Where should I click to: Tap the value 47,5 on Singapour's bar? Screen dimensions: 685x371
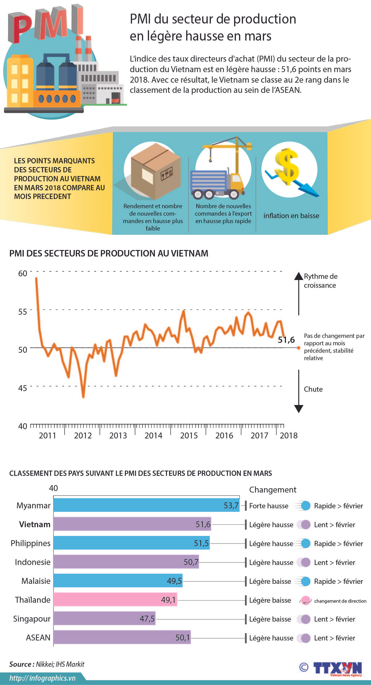click(x=147, y=618)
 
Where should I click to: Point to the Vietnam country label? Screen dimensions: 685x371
click(x=35, y=524)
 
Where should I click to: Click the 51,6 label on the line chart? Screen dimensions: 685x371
click(x=286, y=340)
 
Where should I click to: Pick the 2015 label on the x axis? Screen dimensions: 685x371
click(x=189, y=435)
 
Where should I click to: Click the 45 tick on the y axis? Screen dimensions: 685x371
click(x=23, y=388)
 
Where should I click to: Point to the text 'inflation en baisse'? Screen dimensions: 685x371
click(x=291, y=216)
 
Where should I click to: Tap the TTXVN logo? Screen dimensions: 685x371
click(x=337, y=668)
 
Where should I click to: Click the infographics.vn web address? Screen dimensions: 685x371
click(x=42, y=678)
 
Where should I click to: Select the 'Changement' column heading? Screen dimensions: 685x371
click(x=273, y=489)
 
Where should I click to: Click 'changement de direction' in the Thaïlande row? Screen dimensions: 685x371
click(x=340, y=601)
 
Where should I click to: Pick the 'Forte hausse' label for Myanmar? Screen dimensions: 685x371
click(x=269, y=506)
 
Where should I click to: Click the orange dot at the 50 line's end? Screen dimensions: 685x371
click(x=299, y=348)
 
